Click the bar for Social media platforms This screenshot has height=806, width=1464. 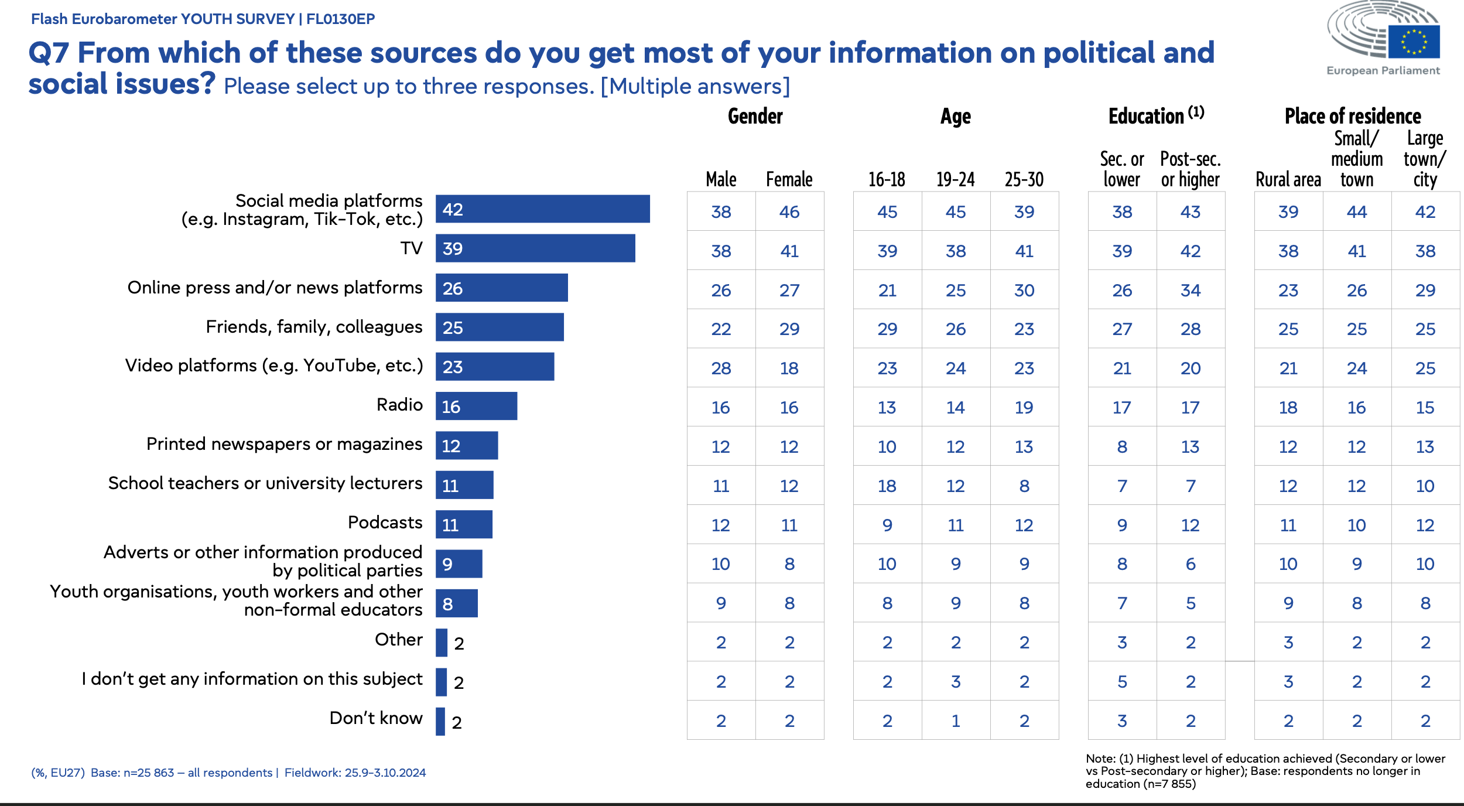(542, 209)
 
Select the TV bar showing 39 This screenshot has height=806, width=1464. (535, 248)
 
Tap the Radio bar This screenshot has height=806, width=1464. (476, 406)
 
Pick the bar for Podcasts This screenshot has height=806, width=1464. (464, 524)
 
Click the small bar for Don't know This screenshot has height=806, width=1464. (440, 721)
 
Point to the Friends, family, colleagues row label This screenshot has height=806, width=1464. (314, 327)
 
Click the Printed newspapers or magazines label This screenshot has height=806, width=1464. (284, 444)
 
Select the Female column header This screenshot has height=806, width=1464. (789, 179)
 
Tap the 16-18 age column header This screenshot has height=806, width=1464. (887, 179)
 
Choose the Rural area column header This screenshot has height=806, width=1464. (1288, 179)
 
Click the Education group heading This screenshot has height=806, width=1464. (1155, 116)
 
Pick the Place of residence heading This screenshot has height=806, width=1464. (1353, 116)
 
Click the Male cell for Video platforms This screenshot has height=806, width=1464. (721, 368)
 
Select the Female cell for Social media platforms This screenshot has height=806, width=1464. (789, 211)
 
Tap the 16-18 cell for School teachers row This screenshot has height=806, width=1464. (887, 486)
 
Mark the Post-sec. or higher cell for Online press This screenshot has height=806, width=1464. (1190, 290)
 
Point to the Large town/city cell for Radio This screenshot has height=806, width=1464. (1425, 407)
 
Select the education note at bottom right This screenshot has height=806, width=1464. (1265, 771)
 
